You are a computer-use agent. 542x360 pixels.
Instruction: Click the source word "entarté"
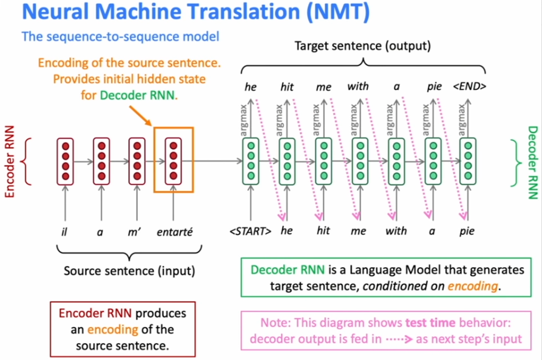click(175, 232)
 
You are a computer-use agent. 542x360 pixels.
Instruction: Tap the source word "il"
click(64, 231)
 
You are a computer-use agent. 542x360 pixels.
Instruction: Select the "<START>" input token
click(251, 231)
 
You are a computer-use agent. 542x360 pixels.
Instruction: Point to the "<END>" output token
click(469, 86)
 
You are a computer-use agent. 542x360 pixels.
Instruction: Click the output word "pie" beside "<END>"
click(434, 86)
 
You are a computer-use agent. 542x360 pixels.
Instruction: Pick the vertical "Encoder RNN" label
click(10, 161)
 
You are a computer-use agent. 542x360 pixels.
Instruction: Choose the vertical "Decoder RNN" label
click(533, 163)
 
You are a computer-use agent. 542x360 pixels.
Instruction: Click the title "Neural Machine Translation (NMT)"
click(196, 12)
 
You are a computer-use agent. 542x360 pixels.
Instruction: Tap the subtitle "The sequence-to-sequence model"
click(120, 36)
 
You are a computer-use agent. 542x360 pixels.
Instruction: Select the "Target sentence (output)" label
click(362, 46)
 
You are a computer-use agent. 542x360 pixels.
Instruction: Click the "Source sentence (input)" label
click(129, 271)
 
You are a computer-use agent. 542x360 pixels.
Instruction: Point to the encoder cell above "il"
click(66, 161)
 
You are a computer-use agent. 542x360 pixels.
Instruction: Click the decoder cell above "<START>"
click(251, 161)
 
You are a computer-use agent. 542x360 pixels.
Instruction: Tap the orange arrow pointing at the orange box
click(141, 116)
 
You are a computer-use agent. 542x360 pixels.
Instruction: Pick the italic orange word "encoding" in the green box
click(473, 287)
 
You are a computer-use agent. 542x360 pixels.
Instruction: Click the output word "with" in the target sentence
click(358, 86)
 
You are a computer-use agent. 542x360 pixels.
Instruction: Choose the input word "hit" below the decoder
click(324, 231)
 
